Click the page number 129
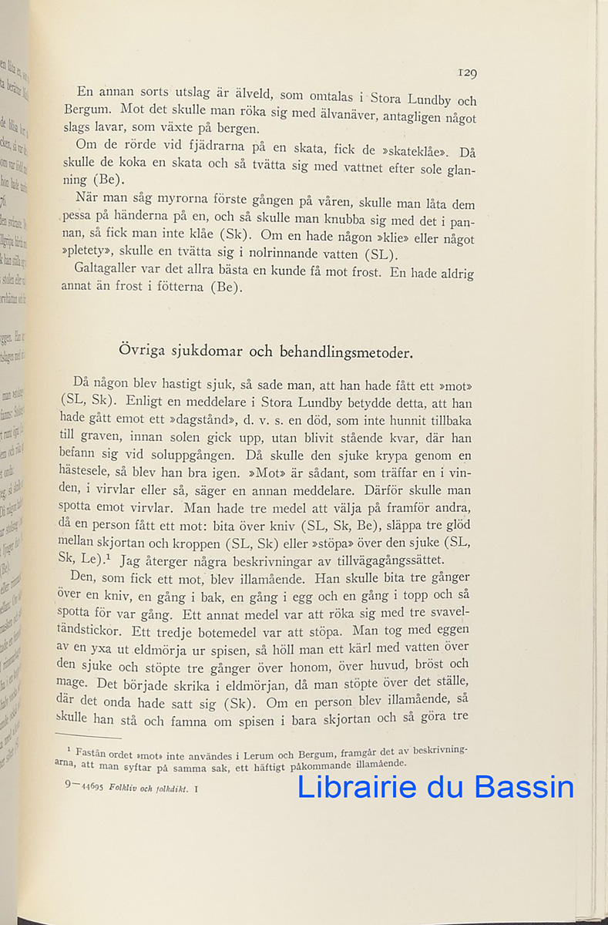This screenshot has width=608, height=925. point(466,73)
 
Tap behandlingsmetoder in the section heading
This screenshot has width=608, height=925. point(344,352)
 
